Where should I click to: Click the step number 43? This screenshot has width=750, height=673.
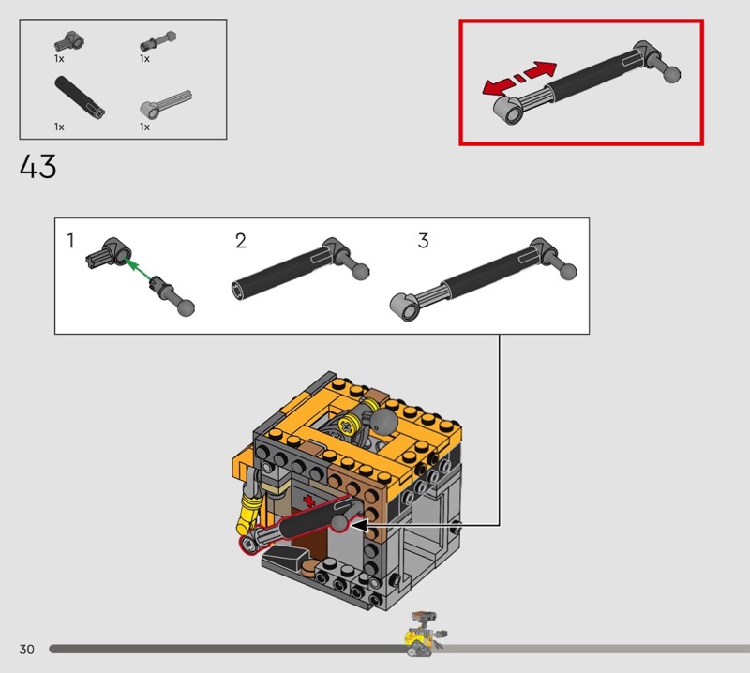pyautogui.click(x=38, y=166)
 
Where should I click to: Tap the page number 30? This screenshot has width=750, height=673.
pyautogui.click(x=27, y=649)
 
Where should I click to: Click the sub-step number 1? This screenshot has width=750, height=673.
pyautogui.click(x=71, y=241)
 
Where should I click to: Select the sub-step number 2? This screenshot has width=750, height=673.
pyautogui.click(x=241, y=241)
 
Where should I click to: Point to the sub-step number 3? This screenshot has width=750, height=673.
pyautogui.click(x=424, y=241)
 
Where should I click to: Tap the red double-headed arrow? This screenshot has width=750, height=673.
pyautogui.click(x=519, y=78)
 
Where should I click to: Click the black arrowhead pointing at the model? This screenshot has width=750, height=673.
pyautogui.click(x=359, y=525)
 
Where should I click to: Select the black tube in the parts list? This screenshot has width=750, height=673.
pyautogui.click(x=80, y=97)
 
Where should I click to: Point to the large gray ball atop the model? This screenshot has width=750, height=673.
pyautogui.click(x=385, y=422)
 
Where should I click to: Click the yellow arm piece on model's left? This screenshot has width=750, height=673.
pyautogui.click(x=249, y=515)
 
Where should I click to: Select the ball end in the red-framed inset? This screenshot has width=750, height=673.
pyautogui.click(x=671, y=74)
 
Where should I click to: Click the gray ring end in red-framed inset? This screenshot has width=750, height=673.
pyautogui.click(x=509, y=111)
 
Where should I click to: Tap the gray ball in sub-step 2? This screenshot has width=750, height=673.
pyautogui.click(x=361, y=272)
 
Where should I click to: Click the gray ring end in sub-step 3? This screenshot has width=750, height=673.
pyautogui.click(x=405, y=307)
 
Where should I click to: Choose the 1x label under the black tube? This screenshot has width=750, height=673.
pyautogui.click(x=59, y=127)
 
